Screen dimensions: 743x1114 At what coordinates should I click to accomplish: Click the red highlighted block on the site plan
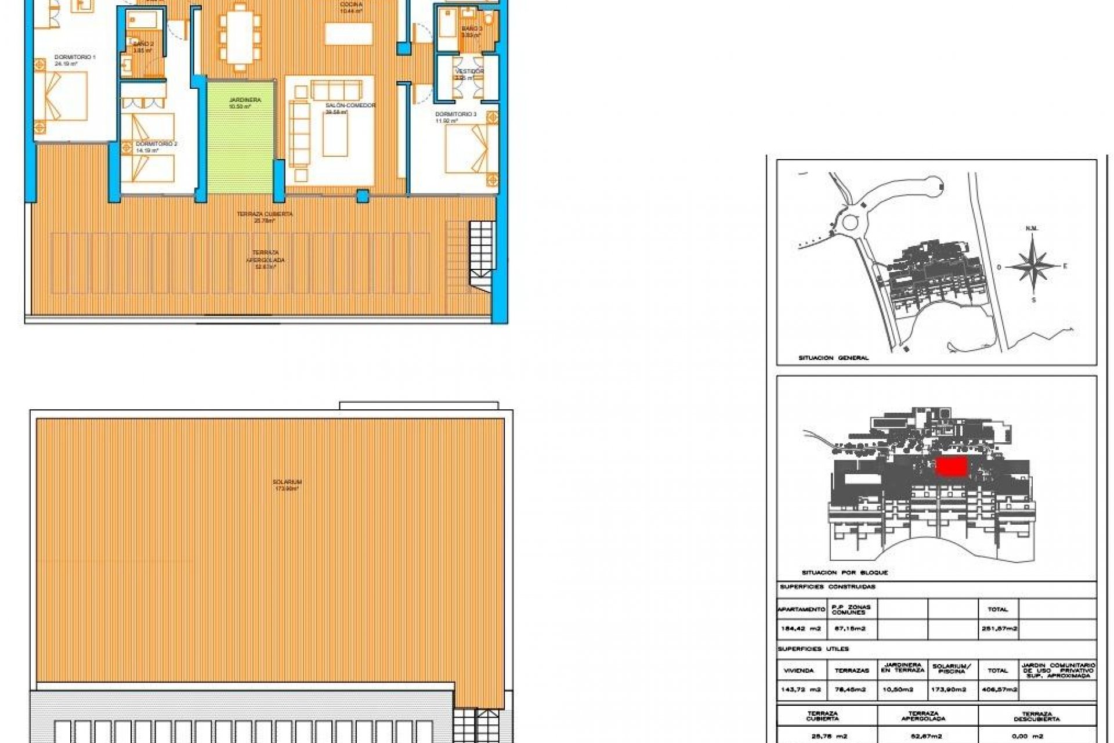(x=952, y=467)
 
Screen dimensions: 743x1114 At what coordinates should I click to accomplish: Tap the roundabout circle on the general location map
(x=851, y=222)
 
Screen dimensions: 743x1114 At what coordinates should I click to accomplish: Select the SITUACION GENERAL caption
(x=833, y=358)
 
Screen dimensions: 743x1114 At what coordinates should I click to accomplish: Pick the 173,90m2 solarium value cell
(x=949, y=690)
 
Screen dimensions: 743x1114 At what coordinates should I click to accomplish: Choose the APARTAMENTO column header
(x=801, y=609)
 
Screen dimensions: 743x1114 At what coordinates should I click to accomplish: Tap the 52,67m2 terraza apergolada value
(x=923, y=736)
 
